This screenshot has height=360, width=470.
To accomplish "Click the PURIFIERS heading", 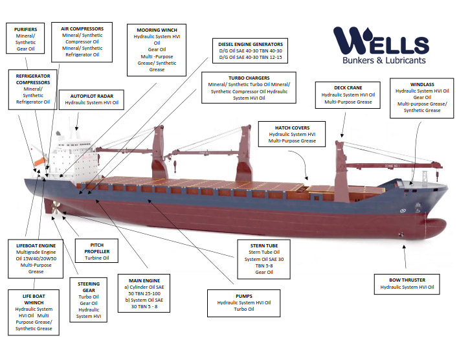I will pos(25,29).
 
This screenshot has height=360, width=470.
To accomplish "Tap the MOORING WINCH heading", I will pos(157,30).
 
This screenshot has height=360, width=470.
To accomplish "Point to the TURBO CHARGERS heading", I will pos(249,77).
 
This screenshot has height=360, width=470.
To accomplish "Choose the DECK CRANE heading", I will pos(348,87).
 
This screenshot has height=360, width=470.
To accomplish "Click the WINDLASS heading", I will pos(422,84).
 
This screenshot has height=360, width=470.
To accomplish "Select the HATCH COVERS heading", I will pos(293,128).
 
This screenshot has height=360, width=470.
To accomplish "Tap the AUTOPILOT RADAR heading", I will pos(92,95).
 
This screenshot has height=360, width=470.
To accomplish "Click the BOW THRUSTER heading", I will pos(407,280).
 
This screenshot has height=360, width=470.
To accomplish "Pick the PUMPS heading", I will pos(244,295).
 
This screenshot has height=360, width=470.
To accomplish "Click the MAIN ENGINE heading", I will pos(143,280).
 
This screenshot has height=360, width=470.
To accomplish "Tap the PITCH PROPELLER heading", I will pos(96,248).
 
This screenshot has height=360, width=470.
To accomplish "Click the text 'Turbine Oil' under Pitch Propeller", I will pos(97,258).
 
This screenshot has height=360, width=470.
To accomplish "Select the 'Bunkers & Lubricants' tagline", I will pos(384,60).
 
